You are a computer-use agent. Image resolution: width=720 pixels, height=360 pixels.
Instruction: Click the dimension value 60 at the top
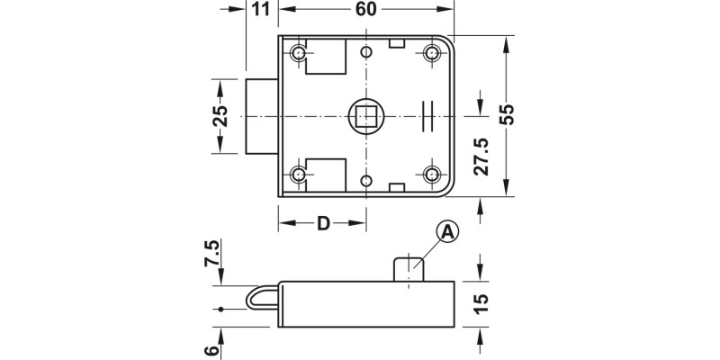(365, 10)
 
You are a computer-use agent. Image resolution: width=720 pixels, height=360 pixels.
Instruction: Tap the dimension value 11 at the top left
(261, 10)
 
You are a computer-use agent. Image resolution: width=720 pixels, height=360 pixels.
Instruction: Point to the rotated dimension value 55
(507, 115)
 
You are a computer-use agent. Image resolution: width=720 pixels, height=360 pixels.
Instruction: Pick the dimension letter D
(322, 223)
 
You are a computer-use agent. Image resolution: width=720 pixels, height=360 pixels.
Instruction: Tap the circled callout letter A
(447, 232)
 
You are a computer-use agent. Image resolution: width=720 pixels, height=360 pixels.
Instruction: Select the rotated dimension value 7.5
(212, 255)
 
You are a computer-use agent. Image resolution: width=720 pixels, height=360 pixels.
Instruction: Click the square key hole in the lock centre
(365, 115)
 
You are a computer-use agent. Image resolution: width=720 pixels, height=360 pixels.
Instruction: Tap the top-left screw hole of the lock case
(299, 54)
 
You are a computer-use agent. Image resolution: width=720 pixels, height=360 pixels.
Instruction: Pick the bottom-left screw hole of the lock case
(299, 175)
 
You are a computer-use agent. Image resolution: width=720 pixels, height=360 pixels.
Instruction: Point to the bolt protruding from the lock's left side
(262, 115)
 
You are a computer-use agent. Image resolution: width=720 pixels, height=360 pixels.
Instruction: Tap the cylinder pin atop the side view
(409, 269)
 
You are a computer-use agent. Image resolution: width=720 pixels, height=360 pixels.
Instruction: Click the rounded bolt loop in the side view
(260, 299)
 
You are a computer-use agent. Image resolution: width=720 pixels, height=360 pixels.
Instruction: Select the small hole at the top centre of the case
(365, 49)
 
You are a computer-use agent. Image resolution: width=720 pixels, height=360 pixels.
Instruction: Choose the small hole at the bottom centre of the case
(365, 181)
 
